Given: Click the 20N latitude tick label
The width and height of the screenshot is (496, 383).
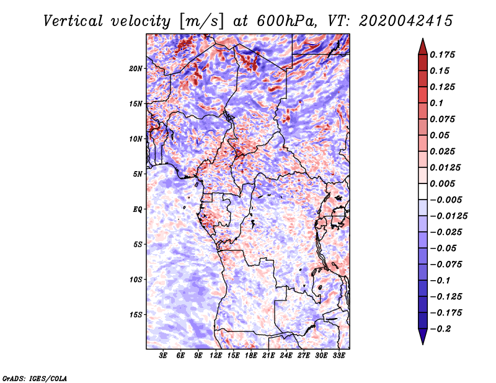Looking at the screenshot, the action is coord(136,68).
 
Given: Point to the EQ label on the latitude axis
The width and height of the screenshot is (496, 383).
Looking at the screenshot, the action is coord(138,209).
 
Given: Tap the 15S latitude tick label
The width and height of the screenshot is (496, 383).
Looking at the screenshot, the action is coord(136,315).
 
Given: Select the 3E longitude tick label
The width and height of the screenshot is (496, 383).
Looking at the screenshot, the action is coord(163,356).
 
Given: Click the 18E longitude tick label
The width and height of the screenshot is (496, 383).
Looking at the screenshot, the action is coord(251,356).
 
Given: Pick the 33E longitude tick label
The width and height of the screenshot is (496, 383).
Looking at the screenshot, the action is coord(339,356).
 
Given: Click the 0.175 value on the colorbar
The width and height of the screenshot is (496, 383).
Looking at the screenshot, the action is coord(442,55).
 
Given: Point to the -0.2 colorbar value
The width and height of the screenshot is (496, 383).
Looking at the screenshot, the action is coord(440,329).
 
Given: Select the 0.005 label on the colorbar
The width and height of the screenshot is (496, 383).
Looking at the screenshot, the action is coord(442,183).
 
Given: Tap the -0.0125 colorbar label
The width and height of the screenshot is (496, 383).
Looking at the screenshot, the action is coord(448,216).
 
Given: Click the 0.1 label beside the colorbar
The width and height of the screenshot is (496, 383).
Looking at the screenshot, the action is coord(436,103).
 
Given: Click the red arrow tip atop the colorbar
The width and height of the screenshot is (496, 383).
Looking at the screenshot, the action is coord(423,38).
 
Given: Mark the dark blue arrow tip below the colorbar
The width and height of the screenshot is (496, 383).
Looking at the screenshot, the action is coord(423,344).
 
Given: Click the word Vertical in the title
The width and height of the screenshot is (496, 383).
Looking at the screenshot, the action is coord(73,21).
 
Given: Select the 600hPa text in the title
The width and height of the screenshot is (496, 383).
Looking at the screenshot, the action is coord(286,21).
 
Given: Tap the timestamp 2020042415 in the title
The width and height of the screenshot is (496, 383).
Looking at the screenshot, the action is coord(406,21).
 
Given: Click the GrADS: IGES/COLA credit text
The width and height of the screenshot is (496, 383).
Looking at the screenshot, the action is coord(35,378).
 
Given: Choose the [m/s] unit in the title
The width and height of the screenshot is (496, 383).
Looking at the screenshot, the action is coord(201,21).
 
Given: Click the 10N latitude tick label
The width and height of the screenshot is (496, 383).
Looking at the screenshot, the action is coord(136,139).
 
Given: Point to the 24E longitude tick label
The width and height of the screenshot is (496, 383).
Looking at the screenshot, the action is coord(286,356).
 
